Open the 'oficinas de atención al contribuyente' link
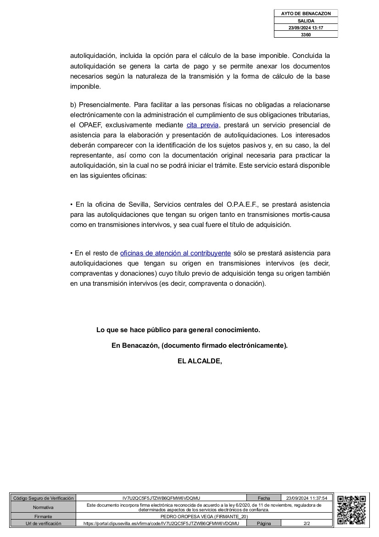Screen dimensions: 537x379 tap(175, 253)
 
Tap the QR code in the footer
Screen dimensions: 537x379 tap(351, 510)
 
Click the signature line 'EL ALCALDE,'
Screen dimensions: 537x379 tap(200, 361)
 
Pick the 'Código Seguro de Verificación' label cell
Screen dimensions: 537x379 tap(43, 498)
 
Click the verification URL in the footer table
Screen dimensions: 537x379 tap(161, 523)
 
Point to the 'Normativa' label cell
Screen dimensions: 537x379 tap(43, 507)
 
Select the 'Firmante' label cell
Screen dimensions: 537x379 tap(43, 517)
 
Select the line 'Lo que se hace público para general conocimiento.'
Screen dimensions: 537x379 tap(178, 330)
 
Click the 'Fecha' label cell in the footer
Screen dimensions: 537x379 tap(264, 498)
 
